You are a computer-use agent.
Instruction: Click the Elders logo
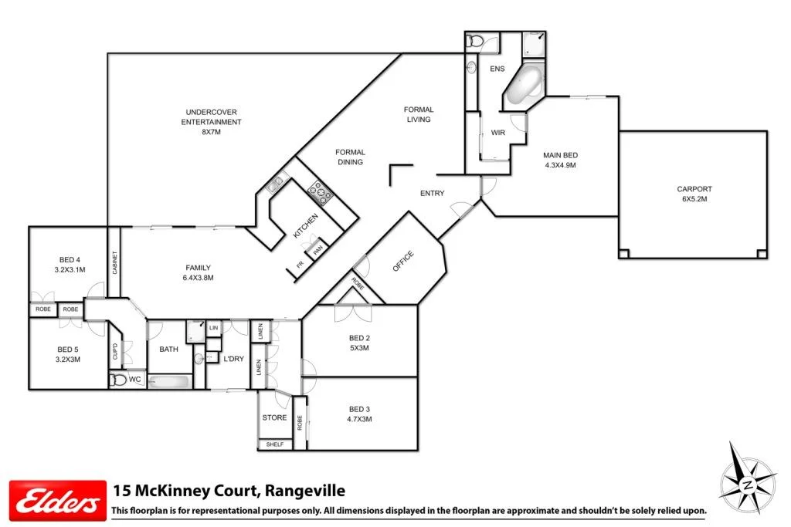coord(56,499)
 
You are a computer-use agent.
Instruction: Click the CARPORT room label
coord(694,194)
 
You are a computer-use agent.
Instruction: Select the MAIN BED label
coord(560,160)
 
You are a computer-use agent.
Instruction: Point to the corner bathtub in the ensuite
coord(525,84)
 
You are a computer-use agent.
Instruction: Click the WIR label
coord(498,133)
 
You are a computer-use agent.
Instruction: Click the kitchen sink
coord(276,184)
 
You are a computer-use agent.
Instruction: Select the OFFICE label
coord(402,261)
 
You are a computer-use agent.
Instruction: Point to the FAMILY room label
coord(198,272)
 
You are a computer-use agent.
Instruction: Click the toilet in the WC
coord(118,380)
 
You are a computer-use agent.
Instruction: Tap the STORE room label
coord(274,418)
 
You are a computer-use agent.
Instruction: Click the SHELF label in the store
coord(274,444)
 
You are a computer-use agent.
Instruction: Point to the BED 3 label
coord(360,414)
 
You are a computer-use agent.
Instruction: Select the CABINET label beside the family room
coord(114,264)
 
